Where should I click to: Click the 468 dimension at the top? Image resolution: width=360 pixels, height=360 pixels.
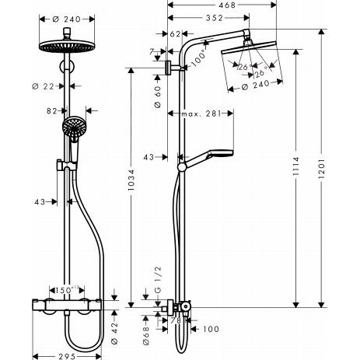click(x=227, y=5)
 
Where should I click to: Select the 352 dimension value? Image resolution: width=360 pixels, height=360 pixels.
click(x=215, y=18)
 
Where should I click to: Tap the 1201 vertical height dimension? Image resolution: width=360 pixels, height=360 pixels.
click(x=321, y=168)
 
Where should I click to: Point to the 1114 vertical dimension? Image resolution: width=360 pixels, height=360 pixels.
click(x=295, y=166)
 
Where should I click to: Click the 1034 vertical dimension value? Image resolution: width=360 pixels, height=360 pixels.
click(x=131, y=180)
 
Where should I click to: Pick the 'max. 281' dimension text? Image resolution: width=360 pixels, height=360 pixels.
click(x=201, y=114)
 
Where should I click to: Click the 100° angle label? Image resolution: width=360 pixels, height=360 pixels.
click(x=199, y=58)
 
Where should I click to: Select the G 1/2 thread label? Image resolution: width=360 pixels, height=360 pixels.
click(x=158, y=279)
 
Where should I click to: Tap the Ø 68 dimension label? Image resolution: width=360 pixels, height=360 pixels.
click(x=146, y=336)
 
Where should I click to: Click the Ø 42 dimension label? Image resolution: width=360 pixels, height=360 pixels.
click(x=114, y=333)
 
